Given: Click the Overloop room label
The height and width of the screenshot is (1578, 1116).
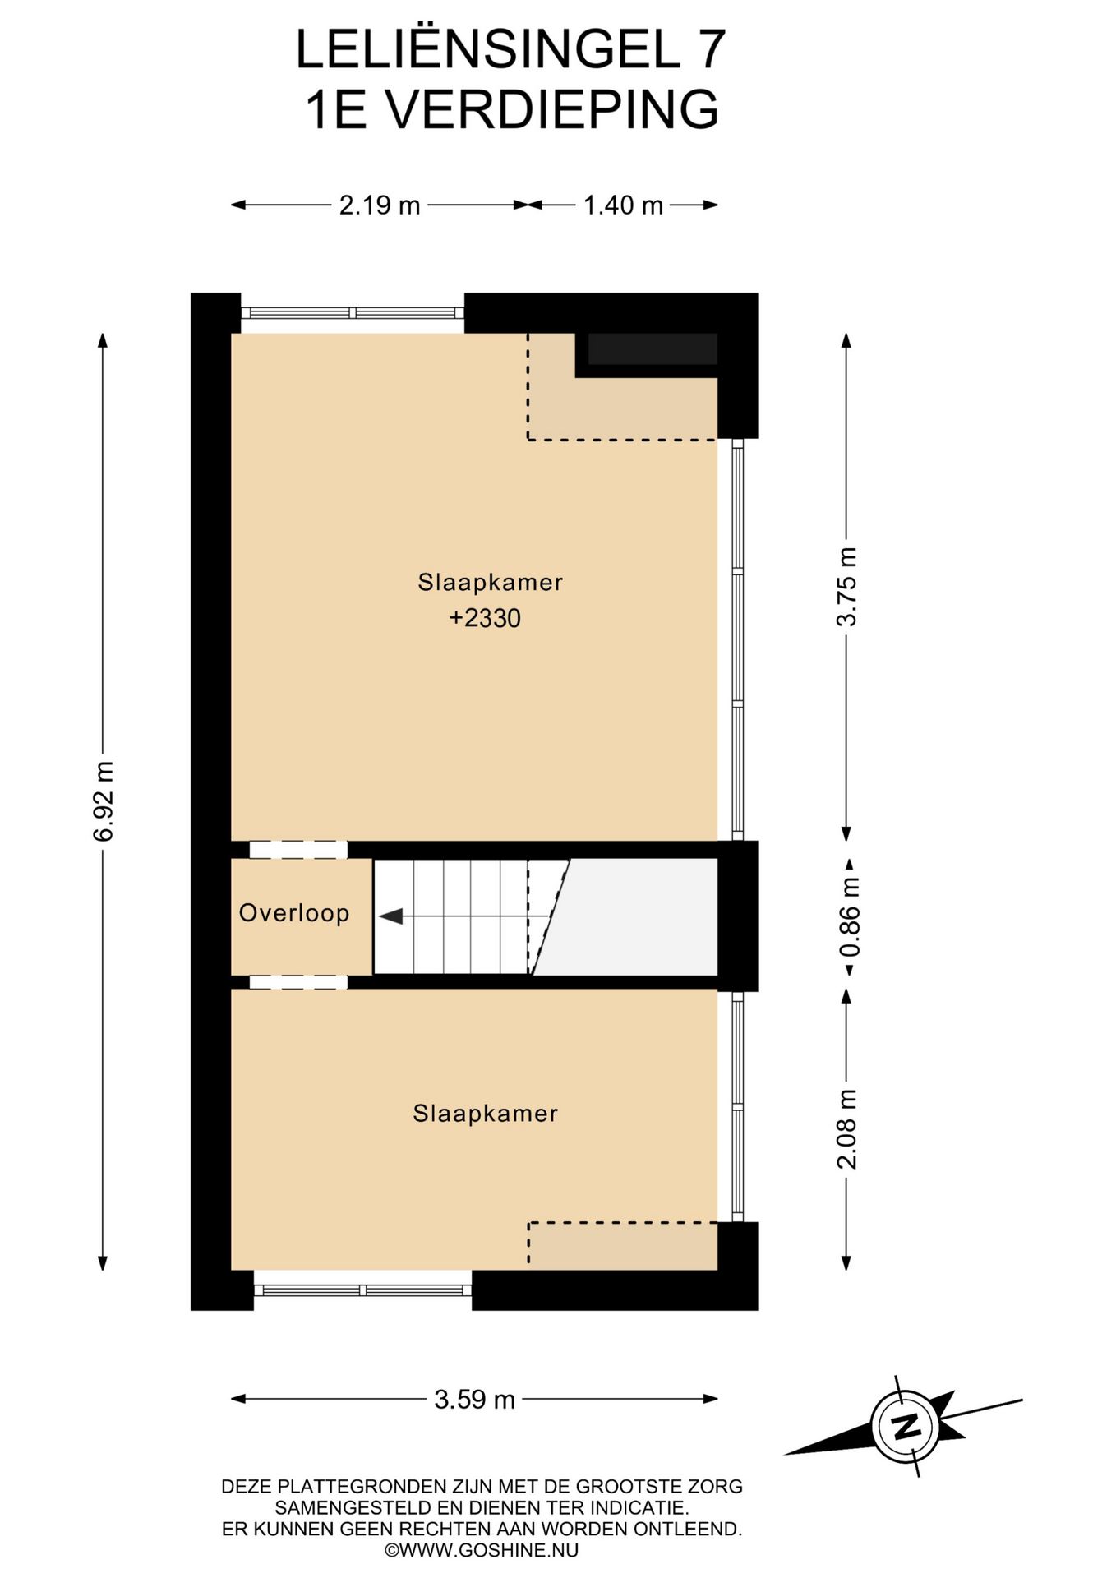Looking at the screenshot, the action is click(x=294, y=913).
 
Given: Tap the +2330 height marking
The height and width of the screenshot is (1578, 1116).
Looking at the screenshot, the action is click(x=485, y=618).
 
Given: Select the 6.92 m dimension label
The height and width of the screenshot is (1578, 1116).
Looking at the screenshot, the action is click(x=104, y=801).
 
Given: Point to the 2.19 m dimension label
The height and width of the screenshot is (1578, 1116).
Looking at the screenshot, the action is click(x=380, y=205).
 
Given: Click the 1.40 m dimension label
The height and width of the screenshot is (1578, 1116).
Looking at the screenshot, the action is click(x=623, y=205).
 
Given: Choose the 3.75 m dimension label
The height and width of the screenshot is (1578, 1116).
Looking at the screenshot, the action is click(x=846, y=587).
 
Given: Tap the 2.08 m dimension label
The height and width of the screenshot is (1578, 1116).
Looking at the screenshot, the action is click(x=846, y=1129).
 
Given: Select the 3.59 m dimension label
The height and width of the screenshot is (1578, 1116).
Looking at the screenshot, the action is click(x=475, y=1399).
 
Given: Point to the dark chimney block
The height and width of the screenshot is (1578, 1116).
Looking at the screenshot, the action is click(x=653, y=348).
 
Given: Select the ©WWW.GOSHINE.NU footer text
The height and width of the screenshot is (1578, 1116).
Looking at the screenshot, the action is click(x=482, y=1551).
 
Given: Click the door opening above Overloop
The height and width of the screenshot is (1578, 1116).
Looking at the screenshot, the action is click(x=298, y=850).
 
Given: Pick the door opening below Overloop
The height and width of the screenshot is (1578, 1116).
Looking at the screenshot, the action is click(x=298, y=981).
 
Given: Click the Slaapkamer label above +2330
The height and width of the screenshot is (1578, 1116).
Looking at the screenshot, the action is click(x=491, y=583).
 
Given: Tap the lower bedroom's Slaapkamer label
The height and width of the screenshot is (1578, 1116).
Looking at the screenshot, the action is click(x=486, y=1114).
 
